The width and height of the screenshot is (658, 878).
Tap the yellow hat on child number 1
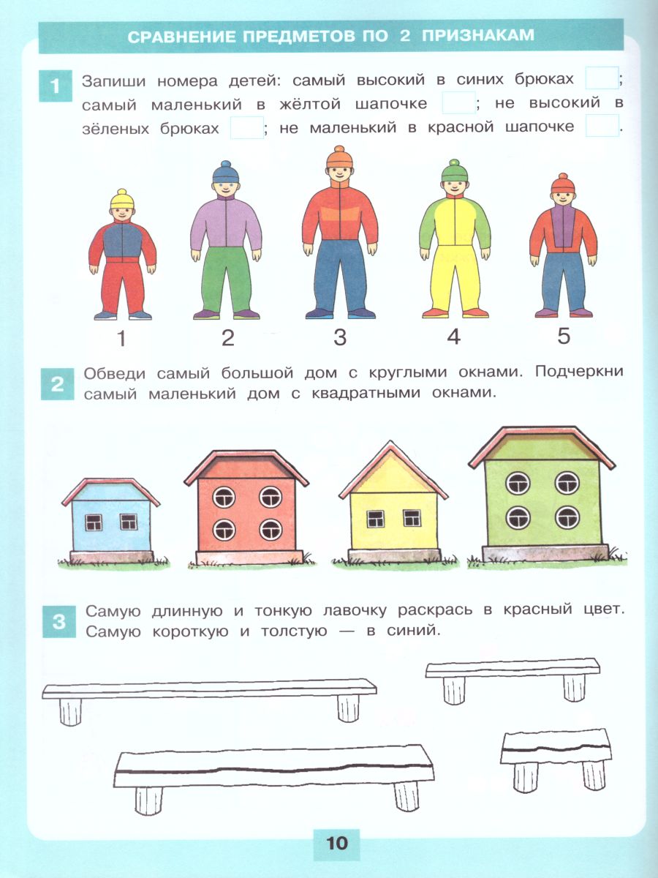pos(122,199)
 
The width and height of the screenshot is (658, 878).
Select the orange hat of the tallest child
pos(339,157)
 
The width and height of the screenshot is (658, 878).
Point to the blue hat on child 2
pos(226,172)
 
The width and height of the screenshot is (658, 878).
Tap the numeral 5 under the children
pos(563,336)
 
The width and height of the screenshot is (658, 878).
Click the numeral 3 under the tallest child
pos(340,337)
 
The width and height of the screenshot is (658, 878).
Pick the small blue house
pos(110,521)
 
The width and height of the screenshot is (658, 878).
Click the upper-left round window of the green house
pos(518,483)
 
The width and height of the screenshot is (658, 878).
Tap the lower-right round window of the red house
pos(271,530)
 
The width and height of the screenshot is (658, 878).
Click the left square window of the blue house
pos(94,522)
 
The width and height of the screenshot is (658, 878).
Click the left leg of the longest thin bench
pos(70,713)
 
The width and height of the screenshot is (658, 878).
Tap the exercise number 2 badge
pos(58,384)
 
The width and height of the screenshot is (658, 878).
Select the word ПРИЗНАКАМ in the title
pos(478,36)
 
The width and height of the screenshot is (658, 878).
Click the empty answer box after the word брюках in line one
pos(602,78)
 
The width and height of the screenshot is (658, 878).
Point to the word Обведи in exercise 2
pos(115,373)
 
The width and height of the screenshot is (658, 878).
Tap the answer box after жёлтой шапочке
pos(458,103)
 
